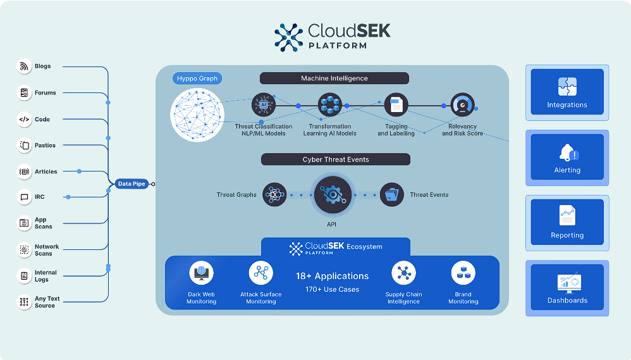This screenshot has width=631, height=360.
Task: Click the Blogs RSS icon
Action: (x=24, y=66)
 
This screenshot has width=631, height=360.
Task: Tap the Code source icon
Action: (x=24, y=119)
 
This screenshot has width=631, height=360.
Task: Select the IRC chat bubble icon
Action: (x=24, y=197)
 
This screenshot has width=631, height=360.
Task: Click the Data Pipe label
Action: (x=132, y=183)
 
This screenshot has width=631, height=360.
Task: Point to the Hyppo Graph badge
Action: (x=197, y=78)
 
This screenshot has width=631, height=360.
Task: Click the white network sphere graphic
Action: (x=197, y=115)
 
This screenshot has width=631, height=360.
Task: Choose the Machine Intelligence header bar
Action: (x=334, y=78)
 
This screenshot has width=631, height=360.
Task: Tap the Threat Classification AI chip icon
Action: (x=264, y=104)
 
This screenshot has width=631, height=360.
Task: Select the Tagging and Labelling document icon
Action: (x=396, y=104)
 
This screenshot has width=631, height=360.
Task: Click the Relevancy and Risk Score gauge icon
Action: (x=462, y=104)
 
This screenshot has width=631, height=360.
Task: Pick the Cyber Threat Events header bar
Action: (x=336, y=159)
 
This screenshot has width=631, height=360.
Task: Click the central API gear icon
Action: (x=333, y=195)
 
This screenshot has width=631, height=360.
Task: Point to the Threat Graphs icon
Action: (x=274, y=194)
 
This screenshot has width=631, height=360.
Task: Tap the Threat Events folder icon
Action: (x=392, y=194)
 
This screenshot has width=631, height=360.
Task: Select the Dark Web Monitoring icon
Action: (x=201, y=273)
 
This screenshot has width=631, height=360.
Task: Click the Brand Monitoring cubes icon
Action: (x=463, y=273)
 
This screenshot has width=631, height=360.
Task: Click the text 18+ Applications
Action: (x=333, y=276)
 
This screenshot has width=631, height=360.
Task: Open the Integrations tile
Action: (x=567, y=92)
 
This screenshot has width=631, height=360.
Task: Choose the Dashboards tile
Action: (x=567, y=287)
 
